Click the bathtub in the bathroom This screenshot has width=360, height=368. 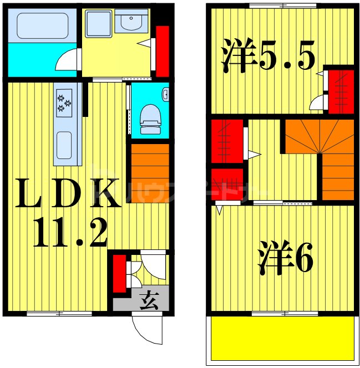click(41, 25)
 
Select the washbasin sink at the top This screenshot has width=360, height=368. click(131, 23)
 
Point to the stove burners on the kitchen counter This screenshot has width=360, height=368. click(64, 103)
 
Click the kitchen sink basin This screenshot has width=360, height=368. click(65, 146)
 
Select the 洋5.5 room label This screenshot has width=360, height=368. click(268, 55)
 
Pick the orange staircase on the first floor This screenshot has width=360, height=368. click(150, 173)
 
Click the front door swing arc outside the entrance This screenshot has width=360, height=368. click(145, 329)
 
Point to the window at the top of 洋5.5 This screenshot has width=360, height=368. click(282, 6)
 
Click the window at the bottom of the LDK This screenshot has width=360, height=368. click(60, 314)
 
